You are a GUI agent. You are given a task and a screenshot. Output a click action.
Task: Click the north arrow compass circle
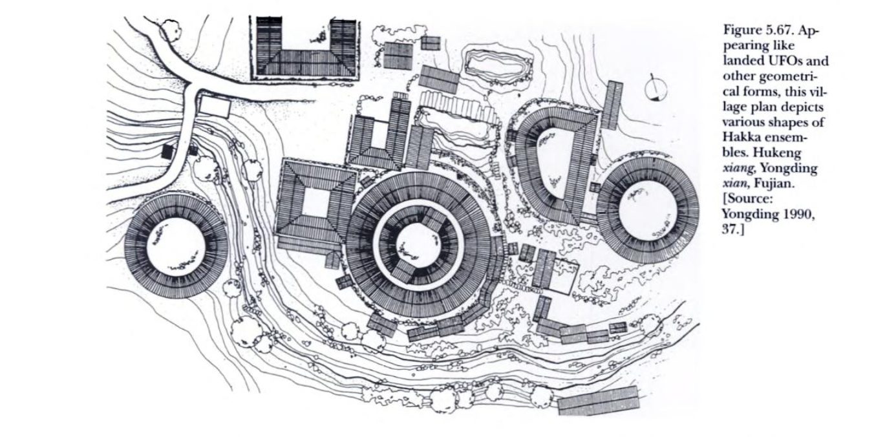point(656,89)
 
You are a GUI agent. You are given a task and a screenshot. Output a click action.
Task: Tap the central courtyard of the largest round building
point(418,245)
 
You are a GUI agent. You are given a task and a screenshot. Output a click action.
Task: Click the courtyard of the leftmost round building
point(176,246)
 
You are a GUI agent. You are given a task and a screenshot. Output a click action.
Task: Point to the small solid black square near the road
point(167,151)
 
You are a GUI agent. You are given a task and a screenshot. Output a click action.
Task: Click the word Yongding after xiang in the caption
point(787,168)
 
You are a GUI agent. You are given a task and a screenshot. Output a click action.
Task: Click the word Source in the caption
point(749,199)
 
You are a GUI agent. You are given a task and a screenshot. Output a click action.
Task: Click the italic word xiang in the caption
point(738,169)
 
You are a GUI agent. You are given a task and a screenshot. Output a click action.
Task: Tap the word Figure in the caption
point(740,30)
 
